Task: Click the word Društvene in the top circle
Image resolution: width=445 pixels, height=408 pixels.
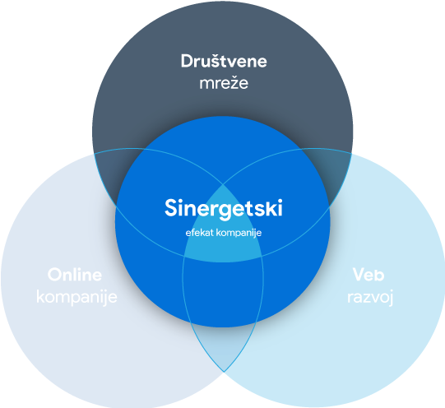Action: (x=224, y=61)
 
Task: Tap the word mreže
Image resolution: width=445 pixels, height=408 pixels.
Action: (x=224, y=83)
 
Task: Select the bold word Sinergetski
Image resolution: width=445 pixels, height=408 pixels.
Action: (x=224, y=209)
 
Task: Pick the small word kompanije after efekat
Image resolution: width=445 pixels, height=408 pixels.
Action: (x=239, y=234)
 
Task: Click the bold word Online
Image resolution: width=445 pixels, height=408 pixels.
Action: (x=75, y=275)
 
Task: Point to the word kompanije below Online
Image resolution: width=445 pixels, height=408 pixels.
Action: (x=76, y=298)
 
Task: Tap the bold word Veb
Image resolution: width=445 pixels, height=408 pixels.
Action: (x=369, y=275)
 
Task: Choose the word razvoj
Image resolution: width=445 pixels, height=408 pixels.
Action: (x=370, y=298)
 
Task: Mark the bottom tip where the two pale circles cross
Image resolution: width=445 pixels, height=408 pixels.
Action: (x=224, y=372)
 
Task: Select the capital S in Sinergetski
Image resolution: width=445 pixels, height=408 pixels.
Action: (x=172, y=208)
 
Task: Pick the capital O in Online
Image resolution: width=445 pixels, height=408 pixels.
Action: (x=55, y=275)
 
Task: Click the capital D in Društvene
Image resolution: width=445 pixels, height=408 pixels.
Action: (x=188, y=61)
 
